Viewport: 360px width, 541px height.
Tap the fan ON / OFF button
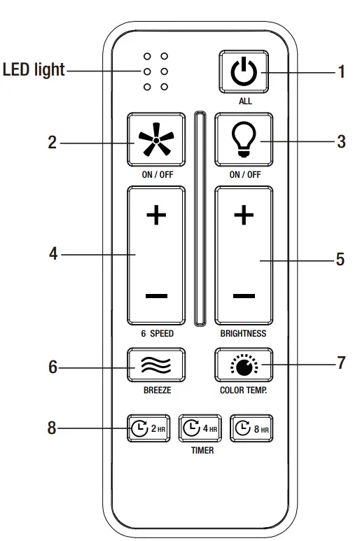(155, 140)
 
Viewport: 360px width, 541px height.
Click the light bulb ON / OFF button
(244, 140)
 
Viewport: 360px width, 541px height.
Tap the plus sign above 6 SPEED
(155, 216)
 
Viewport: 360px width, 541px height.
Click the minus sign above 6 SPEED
(155, 296)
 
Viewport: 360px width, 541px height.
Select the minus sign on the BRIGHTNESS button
(244, 296)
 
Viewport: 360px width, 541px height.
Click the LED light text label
(34, 70)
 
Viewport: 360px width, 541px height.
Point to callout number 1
(341, 71)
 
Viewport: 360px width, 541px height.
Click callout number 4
(53, 254)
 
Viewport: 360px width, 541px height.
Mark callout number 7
(341, 364)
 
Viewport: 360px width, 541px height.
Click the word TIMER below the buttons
(202, 451)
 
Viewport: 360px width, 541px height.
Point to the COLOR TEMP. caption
(244, 390)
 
